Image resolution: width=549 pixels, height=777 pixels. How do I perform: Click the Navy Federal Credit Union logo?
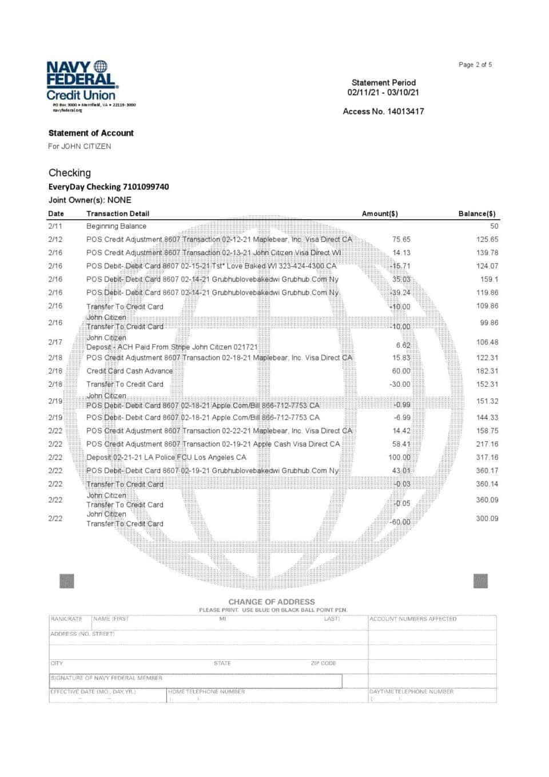pyautogui.click(x=81, y=81)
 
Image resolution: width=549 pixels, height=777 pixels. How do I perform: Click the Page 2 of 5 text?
pyautogui.click(x=475, y=65)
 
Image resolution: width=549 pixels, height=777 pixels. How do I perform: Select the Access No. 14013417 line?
pyautogui.click(x=383, y=112)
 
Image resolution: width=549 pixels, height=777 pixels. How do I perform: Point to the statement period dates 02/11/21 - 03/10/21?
pyautogui.click(x=383, y=92)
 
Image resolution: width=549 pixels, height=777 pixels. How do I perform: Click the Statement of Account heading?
pyautogui.click(x=91, y=133)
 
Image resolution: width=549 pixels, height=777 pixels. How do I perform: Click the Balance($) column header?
pyautogui.click(x=476, y=213)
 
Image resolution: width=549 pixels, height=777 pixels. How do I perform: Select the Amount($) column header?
pyautogui.click(x=380, y=213)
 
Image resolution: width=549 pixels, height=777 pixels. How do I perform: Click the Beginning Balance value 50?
pyautogui.click(x=494, y=226)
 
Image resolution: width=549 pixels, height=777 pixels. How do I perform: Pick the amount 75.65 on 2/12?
pyautogui.click(x=401, y=239)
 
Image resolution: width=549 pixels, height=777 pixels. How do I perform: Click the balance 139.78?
pyautogui.click(x=487, y=252)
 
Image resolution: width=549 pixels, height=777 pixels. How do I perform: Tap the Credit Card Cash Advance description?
pyautogui.click(x=129, y=371)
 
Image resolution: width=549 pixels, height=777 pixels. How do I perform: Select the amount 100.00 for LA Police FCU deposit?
pyautogui.click(x=399, y=457)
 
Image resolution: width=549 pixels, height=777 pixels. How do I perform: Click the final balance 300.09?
pyautogui.click(x=487, y=518)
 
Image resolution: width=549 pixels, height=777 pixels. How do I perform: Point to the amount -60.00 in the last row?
pyautogui.click(x=400, y=522)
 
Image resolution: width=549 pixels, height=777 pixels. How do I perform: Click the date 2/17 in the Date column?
pyautogui.click(x=55, y=342)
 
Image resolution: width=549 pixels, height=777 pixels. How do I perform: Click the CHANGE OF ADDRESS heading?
pyautogui.click(x=272, y=601)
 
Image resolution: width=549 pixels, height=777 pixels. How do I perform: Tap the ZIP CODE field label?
pyautogui.click(x=323, y=663)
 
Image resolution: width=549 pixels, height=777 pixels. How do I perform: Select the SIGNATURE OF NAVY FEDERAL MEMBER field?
pyautogui.click(x=195, y=681)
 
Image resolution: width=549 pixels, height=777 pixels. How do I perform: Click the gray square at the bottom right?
pyautogui.click(x=480, y=581)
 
